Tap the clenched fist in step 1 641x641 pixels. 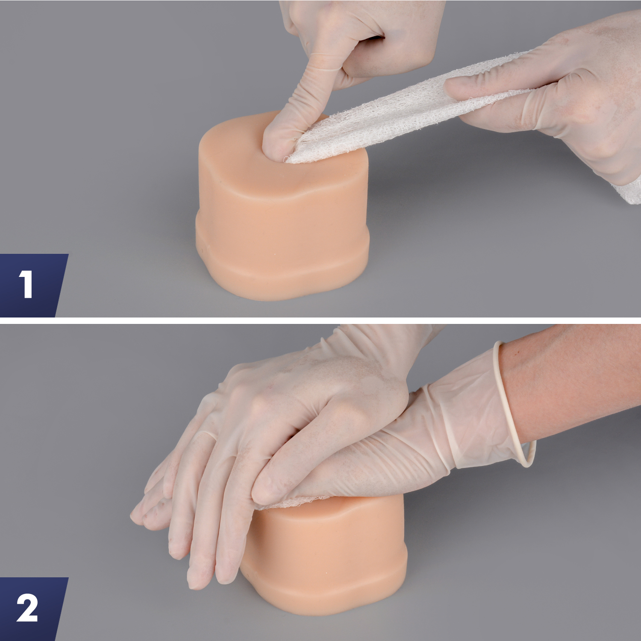tap(376, 38)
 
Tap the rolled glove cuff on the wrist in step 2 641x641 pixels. tap(513, 406)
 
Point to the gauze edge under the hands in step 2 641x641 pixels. tap(299, 502)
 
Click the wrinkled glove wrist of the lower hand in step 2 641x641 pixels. tap(427, 453)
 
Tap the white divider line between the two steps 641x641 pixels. tap(320, 320)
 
